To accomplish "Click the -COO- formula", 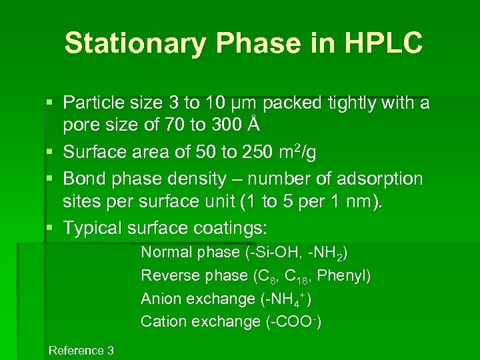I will (x=293, y=322).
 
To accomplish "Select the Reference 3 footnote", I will (x=81, y=351).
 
